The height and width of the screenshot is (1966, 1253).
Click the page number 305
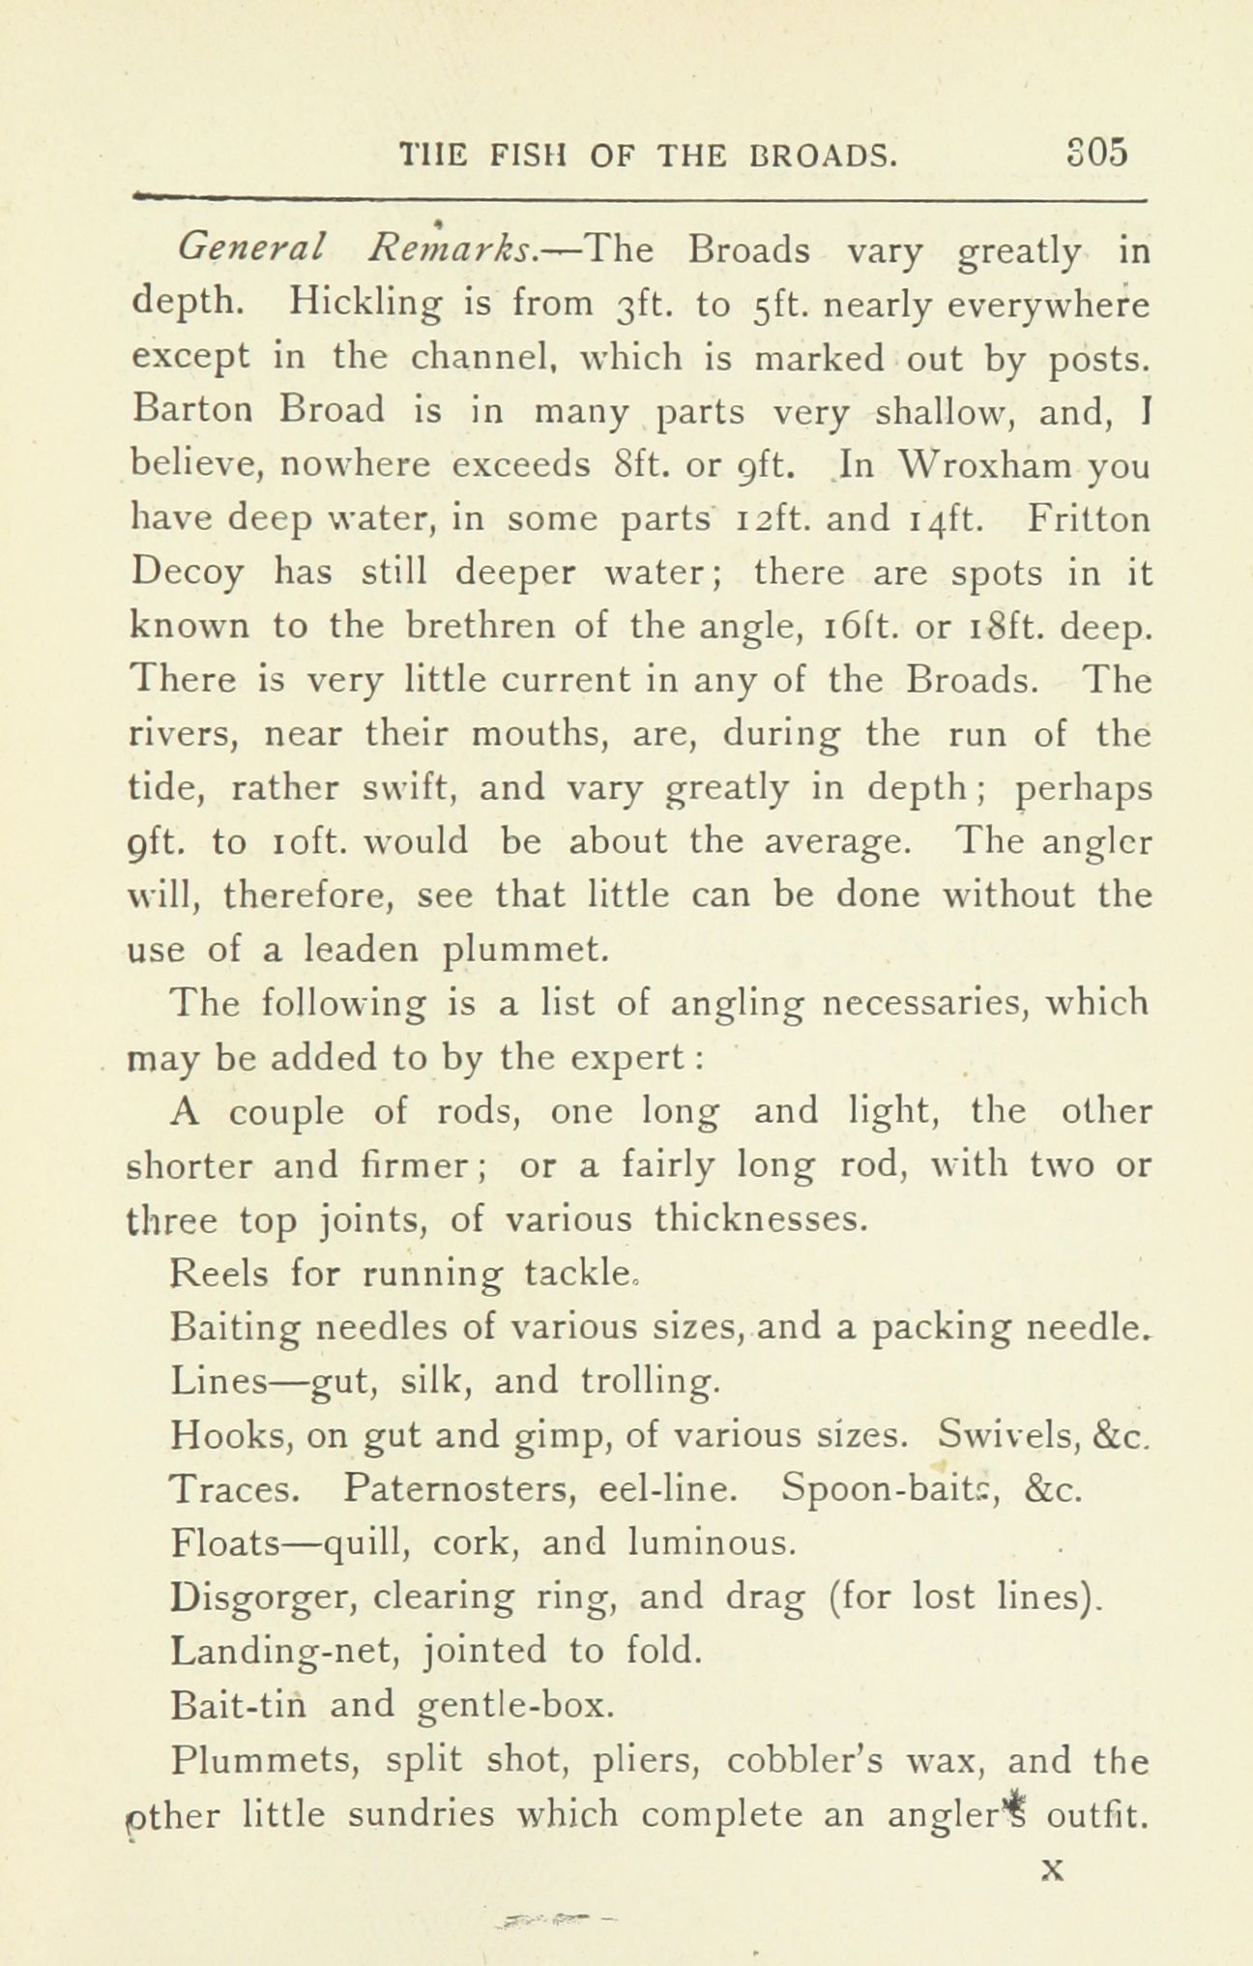[x=1096, y=154]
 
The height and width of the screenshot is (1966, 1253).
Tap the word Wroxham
[x=977, y=466]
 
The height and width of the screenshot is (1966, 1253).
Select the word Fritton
[x=1089, y=519]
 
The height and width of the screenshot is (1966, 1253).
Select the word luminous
[x=712, y=1542]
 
